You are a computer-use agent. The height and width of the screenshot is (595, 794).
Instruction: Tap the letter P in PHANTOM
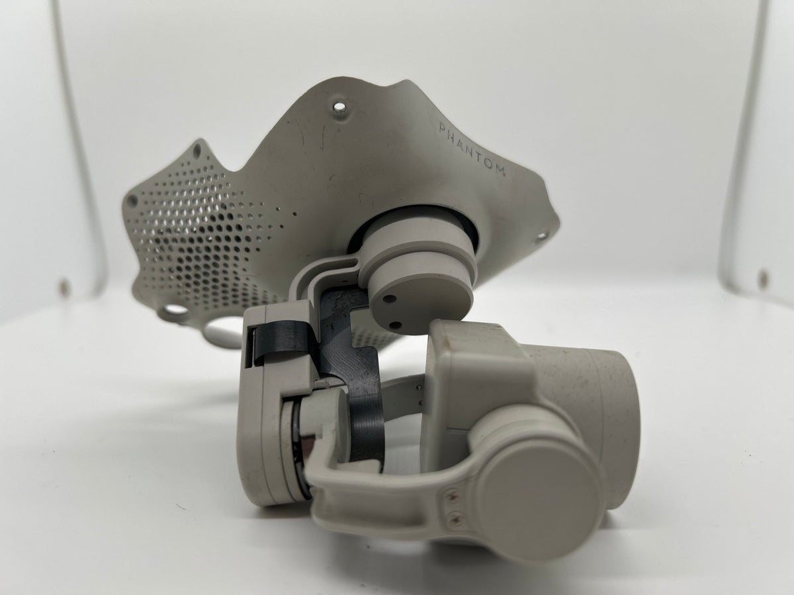pyautogui.click(x=443, y=128)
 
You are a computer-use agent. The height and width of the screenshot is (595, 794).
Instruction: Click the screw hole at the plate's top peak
pyautogui.click(x=339, y=106)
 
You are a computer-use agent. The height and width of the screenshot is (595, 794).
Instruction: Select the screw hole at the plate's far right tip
pyautogui.click(x=541, y=235)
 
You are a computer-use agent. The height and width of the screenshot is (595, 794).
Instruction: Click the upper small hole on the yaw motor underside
pyautogui.click(x=388, y=299)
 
